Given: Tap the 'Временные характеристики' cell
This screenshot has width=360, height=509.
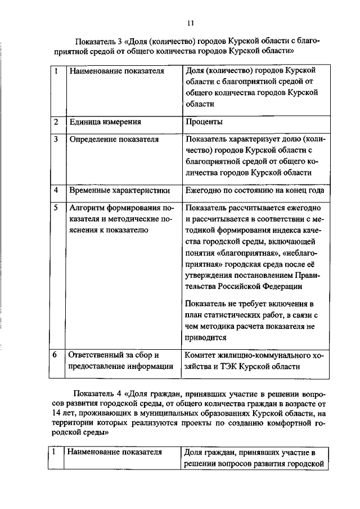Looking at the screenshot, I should pos(115,191).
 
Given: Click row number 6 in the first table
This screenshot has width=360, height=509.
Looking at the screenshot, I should pos(55,355).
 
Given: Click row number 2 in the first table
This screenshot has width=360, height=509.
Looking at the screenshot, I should pos(55,121).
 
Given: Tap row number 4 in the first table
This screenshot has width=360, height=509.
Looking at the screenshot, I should pos(55,191).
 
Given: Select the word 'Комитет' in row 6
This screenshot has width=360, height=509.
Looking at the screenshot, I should pos(201,355).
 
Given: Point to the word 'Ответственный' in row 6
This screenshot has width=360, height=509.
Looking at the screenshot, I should pos(97,355).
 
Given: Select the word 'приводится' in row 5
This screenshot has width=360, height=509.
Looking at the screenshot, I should pos(205,337).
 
